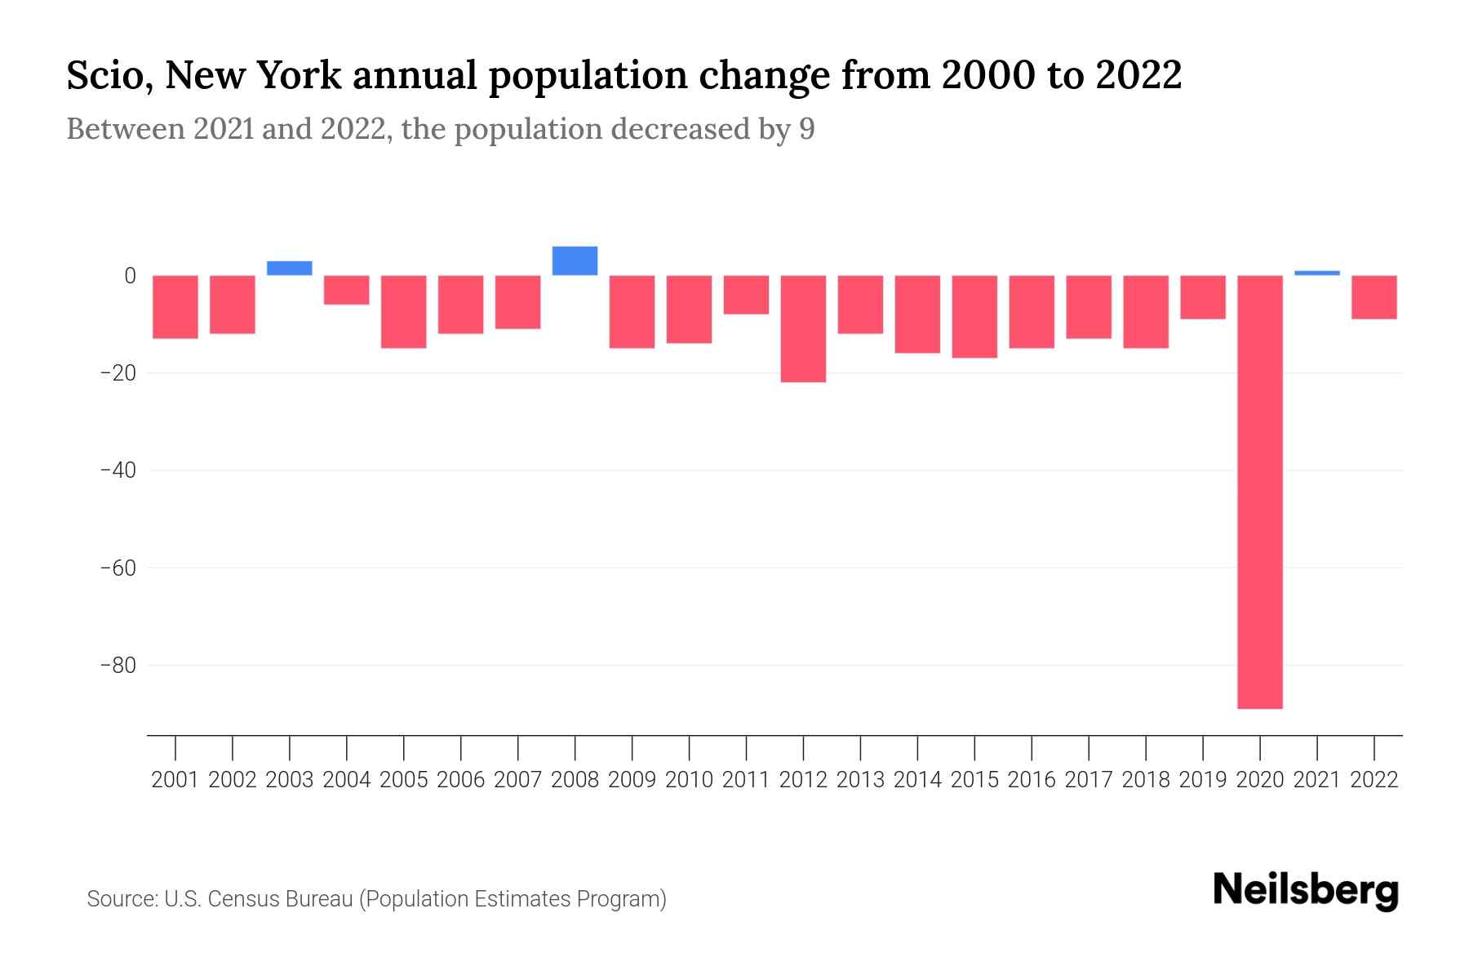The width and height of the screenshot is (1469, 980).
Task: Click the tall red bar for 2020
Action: pos(1260,492)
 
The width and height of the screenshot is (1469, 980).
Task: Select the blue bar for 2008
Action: pos(575,261)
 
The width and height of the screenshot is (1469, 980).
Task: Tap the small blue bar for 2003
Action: pos(290,268)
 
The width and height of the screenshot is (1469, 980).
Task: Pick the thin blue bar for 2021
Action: pos(1317,273)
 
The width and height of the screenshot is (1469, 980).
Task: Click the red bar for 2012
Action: pos(803,328)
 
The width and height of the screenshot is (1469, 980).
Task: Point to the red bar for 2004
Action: pos(347,290)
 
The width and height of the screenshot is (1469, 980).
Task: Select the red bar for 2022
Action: pos(1374,297)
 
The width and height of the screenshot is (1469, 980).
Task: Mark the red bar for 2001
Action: pos(175,307)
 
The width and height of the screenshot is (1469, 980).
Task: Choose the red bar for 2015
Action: pos(974,317)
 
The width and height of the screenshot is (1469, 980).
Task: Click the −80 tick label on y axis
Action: pos(118,666)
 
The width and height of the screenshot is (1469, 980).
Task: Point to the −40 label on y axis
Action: pos(118,470)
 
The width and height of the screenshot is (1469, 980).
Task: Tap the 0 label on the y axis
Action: pos(129,276)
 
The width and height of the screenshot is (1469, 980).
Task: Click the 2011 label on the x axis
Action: pos(746,780)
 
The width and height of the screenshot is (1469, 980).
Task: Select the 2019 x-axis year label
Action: pos(1203,780)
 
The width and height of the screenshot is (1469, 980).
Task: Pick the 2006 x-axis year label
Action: pos(461,780)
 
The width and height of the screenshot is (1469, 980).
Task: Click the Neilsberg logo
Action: pos(1306,890)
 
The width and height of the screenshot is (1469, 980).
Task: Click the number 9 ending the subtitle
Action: pos(806,129)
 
